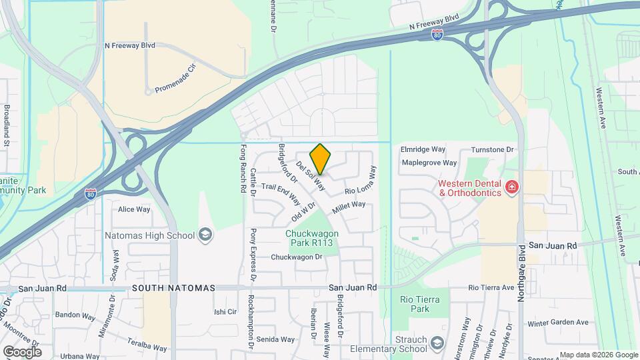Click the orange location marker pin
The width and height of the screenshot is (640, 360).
320,158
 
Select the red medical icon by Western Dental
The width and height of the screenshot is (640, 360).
512,187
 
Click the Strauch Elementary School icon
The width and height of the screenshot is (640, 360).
437,343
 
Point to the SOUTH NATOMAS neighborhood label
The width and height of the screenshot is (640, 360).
173,288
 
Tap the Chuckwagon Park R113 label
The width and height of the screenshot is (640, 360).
312,238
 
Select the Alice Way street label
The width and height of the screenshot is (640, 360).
134,209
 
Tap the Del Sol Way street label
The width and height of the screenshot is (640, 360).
311,175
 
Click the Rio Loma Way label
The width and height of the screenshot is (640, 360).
361,181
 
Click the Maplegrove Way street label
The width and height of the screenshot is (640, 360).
429,163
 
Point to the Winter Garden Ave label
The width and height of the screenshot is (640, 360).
558,323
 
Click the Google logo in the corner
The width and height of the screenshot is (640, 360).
22,351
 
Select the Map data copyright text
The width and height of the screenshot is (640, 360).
598,355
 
